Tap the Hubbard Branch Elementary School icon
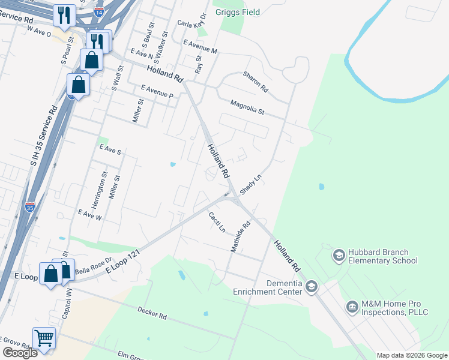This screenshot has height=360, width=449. click(339, 256)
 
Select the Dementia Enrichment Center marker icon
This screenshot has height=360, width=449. click(311, 287)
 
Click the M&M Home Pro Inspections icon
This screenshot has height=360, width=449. click(352, 308)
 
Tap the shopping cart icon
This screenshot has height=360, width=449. click(44, 338)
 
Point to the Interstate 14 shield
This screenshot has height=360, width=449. click(98, 10)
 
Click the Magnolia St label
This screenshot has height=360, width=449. click(247, 107)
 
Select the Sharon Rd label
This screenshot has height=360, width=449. click(255, 82)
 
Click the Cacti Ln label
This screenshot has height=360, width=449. click(217, 222)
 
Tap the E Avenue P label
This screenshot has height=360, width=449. click(157, 91)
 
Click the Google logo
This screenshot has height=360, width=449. click(20, 353)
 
